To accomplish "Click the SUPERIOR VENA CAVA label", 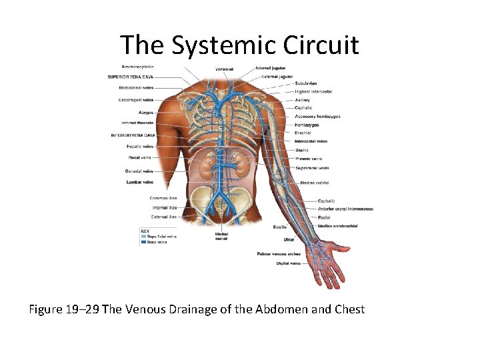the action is point(130,77).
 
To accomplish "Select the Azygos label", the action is point(145,112).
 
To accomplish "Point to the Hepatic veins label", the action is point(140,146).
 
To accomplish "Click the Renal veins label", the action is point(140,157).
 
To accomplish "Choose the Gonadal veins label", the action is point(139,171).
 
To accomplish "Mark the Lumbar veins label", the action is point(139,181).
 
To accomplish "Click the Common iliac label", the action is point(163,198).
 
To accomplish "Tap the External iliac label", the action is point(164,216).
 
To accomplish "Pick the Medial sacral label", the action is point(222,237).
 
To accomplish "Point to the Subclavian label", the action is point(307,83).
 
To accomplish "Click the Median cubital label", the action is point(315,183).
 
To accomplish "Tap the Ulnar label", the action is point(289,239).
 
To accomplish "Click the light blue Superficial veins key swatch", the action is point(143,236).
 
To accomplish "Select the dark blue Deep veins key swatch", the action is point(143,242).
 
